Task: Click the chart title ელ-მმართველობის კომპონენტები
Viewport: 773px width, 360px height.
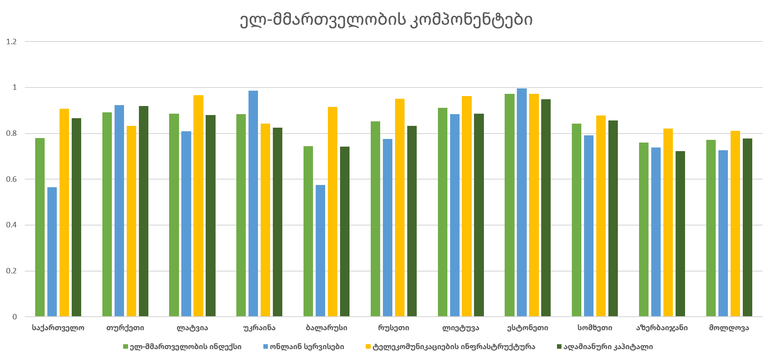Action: pos(386,20)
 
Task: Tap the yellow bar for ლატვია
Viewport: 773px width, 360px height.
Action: pos(198,206)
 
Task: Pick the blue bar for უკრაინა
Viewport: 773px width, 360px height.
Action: pos(253,203)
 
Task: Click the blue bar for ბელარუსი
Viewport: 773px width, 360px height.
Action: pos(320,251)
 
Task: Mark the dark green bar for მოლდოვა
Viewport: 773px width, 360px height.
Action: pos(747,227)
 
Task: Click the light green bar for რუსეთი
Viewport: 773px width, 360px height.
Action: pos(375,219)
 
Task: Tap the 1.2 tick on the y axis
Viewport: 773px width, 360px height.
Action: pos(12,42)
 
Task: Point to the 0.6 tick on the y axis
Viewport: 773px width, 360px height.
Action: pos(12,179)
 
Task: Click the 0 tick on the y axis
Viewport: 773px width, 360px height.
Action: pos(15,317)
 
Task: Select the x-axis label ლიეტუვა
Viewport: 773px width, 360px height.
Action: pos(460,328)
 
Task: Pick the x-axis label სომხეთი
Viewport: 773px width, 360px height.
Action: pos(595,328)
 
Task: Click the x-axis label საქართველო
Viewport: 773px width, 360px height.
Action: pos(58,328)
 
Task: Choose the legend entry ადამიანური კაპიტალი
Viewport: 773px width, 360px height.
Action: pos(608,346)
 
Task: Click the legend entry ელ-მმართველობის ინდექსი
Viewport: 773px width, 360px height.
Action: pos(185,346)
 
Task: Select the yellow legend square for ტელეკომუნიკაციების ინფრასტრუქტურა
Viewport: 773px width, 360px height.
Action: pos(368,347)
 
